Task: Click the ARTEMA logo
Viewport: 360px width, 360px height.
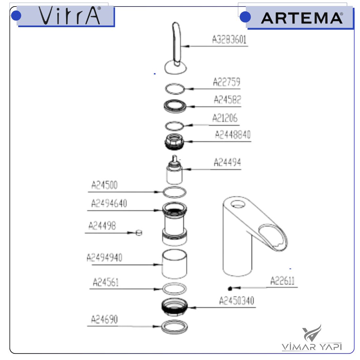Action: (x=301, y=18)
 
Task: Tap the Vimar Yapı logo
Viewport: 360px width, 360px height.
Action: (x=312, y=339)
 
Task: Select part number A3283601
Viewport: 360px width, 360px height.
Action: (x=229, y=40)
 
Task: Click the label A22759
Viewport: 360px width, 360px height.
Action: (x=226, y=82)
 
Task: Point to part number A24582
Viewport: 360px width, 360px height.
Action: (x=227, y=99)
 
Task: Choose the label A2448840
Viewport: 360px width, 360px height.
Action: (x=233, y=135)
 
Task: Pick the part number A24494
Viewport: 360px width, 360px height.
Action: (x=227, y=162)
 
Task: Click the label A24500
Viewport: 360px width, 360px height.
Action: (x=104, y=185)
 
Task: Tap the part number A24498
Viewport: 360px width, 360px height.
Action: (x=102, y=226)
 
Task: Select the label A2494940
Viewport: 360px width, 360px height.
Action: (x=104, y=258)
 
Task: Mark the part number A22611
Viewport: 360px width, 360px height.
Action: (x=282, y=281)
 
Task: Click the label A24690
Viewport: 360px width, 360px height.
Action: (x=104, y=319)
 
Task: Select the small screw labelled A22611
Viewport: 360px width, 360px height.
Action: (x=230, y=288)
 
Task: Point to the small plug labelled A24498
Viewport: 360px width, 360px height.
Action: (x=139, y=233)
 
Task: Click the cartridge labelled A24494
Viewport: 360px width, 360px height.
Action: (x=174, y=172)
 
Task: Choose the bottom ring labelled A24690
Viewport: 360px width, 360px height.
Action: (x=175, y=327)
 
